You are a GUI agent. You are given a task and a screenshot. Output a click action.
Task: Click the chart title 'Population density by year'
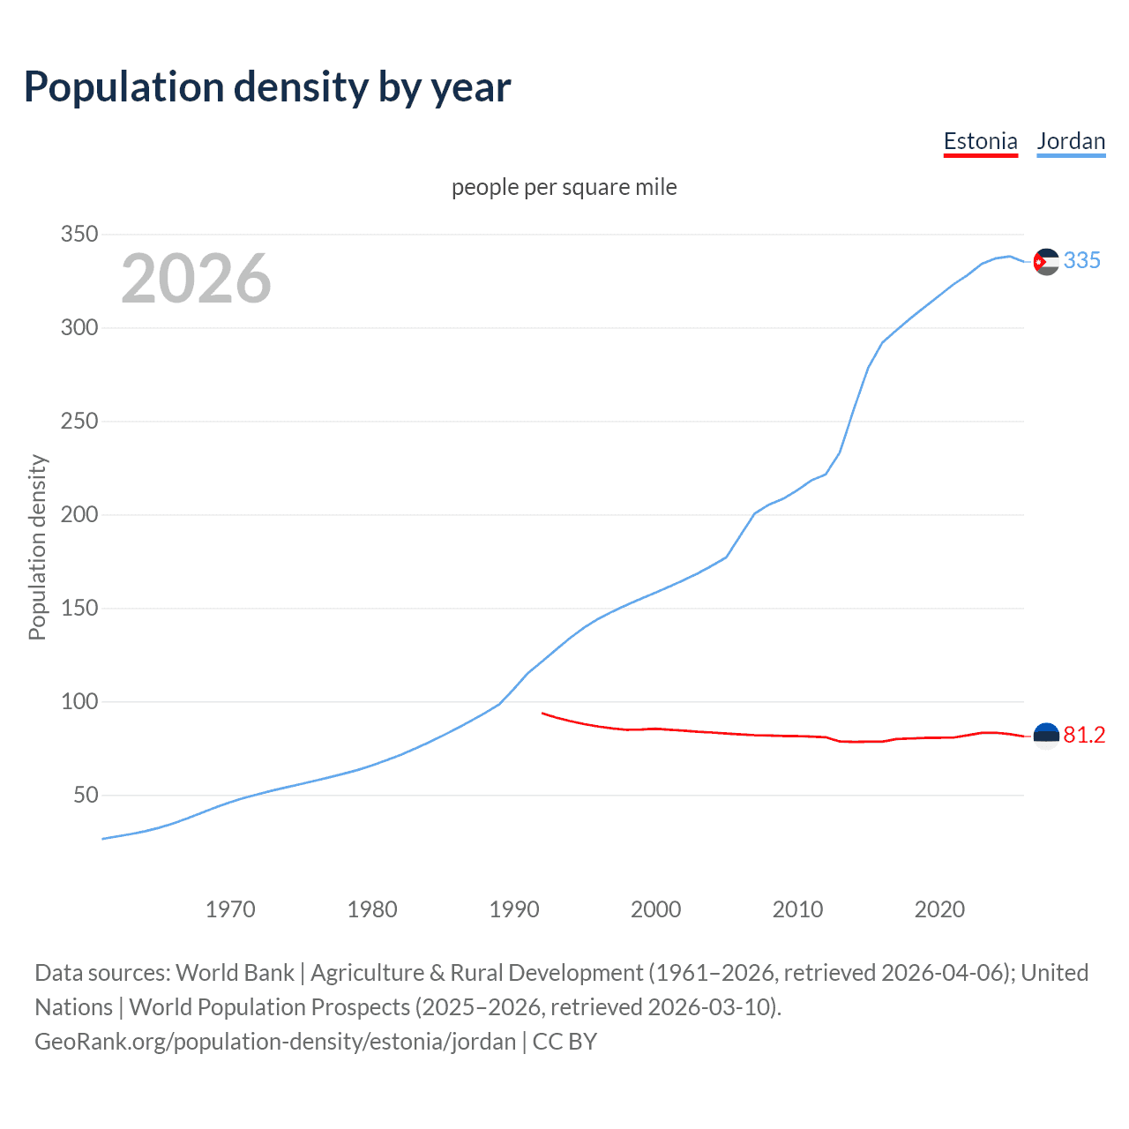pos(267,87)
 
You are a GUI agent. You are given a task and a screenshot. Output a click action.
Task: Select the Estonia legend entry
pos(980,141)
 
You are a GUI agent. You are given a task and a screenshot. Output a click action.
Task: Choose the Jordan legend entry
pos(1071,141)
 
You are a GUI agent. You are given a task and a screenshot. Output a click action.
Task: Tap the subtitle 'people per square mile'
pos(564,187)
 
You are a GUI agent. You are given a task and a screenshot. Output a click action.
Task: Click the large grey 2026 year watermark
pos(196,279)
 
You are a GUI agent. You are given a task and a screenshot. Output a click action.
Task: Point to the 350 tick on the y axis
pos(79,235)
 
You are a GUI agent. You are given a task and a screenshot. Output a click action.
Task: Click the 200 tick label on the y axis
pos(79,515)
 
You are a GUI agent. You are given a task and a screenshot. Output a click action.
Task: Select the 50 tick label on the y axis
pos(86,796)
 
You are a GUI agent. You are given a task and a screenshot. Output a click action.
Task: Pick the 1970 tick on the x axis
pos(230,909)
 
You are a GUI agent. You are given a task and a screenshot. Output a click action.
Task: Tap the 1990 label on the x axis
pos(514,909)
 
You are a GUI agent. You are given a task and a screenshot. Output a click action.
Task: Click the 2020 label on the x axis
pos(939,909)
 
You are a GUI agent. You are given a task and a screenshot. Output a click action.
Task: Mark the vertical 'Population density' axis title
pos(37,547)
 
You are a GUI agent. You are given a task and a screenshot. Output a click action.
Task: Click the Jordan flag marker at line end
pos(1046,261)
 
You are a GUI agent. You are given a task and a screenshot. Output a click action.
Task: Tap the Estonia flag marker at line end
pos(1046,736)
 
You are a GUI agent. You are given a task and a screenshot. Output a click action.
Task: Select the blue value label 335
pos(1082,260)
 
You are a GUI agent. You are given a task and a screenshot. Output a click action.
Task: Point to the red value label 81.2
pos(1084,736)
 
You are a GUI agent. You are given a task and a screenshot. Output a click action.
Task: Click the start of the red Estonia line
pos(542,713)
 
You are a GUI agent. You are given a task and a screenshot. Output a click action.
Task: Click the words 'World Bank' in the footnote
pos(235,973)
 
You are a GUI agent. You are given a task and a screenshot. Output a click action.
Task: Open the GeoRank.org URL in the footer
pos(275,1042)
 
